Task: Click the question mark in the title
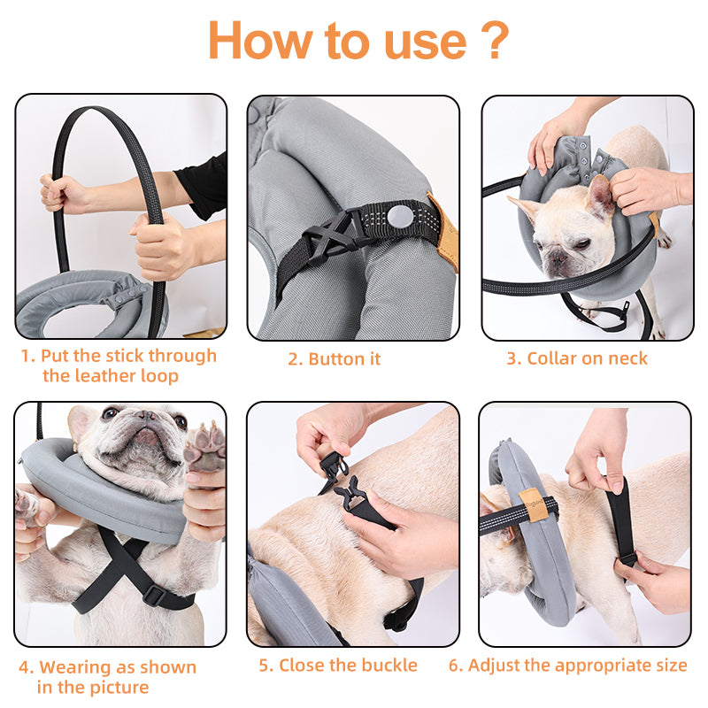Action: pos(496,40)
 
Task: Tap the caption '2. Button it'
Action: pos(334,359)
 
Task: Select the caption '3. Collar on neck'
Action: pos(576,358)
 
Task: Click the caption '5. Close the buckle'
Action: pos(337,665)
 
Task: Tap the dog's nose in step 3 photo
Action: pos(557,258)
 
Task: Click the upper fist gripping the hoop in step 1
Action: pos(59,192)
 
